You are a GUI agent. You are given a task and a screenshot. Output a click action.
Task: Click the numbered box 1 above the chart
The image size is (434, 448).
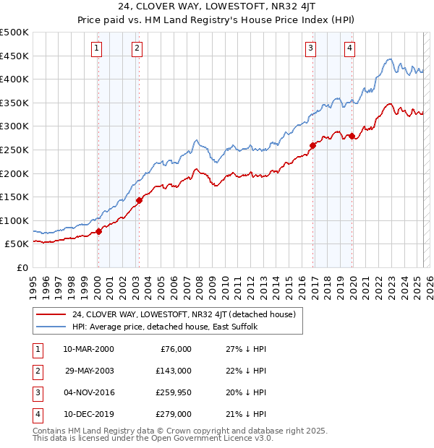97,48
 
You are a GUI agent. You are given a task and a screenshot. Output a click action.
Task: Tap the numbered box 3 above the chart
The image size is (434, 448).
310,48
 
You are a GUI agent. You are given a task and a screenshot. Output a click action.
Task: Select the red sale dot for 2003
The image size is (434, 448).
139,200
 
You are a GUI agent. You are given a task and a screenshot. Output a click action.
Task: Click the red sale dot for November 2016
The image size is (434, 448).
312,145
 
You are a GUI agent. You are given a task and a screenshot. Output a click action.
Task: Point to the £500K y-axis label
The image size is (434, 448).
14,33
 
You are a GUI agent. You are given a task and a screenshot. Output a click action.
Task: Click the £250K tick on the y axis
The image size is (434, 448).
14,150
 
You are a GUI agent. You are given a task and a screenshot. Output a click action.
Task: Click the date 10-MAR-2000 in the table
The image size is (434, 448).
89,348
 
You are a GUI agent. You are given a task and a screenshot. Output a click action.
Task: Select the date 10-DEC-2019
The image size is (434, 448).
89,414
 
